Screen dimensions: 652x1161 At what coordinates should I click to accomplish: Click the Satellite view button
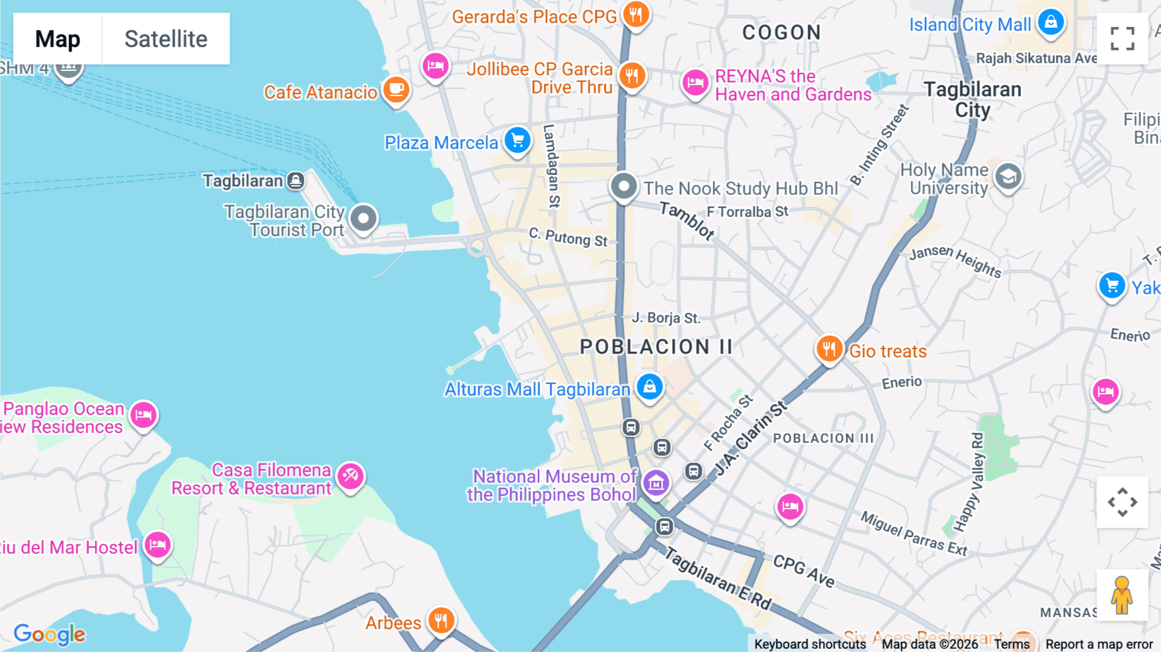click(x=166, y=39)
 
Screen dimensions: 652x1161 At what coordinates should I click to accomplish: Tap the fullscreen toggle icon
click(x=1122, y=39)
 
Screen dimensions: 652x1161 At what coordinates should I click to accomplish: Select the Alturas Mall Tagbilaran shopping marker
click(x=650, y=387)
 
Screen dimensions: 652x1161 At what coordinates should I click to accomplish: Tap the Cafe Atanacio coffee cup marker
click(x=396, y=90)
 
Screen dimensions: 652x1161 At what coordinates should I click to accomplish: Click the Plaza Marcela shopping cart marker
click(x=517, y=140)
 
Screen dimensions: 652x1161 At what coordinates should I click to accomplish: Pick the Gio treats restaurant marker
click(x=829, y=349)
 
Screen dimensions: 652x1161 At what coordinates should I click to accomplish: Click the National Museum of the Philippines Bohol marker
click(x=656, y=483)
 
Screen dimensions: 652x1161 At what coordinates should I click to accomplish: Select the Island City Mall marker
click(x=1051, y=23)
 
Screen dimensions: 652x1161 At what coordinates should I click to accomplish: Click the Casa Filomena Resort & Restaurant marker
click(x=350, y=476)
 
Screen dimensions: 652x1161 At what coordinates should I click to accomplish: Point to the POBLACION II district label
click(x=656, y=347)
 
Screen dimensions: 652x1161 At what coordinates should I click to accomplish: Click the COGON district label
click(x=781, y=32)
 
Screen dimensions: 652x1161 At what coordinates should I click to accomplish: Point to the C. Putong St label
click(x=568, y=238)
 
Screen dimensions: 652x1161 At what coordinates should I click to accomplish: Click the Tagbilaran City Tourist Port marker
click(x=363, y=218)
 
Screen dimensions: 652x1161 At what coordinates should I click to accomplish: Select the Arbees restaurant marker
click(x=441, y=621)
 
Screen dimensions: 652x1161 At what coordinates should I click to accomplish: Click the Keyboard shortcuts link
click(x=809, y=644)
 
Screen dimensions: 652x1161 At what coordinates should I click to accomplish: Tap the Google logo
click(x=50, y=635)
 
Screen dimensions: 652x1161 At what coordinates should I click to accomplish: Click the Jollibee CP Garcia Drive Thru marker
click(x=632, y=76)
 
